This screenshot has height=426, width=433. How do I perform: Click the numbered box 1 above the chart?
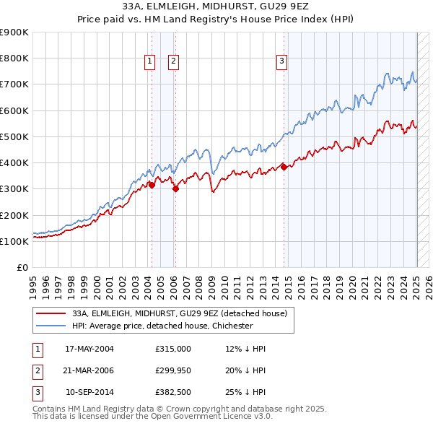click(149, 62)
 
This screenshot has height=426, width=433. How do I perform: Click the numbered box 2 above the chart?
click(174, 62)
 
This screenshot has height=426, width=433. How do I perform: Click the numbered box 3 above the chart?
click(281, 62)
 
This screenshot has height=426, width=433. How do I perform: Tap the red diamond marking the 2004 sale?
click(152, 185)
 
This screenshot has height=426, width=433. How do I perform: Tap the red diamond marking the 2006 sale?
click(175, 189)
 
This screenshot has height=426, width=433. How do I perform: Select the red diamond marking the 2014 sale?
click(284, 167)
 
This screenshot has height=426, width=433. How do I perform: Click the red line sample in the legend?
click(51, 313)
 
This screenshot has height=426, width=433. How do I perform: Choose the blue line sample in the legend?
click(51, 326)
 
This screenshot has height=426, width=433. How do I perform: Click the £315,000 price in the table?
click(173, 349)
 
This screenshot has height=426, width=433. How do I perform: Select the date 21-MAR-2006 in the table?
click(89, 371)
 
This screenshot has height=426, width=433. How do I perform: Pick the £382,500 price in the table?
click(173, 394)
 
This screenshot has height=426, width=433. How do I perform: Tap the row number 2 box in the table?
click(35, 371)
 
